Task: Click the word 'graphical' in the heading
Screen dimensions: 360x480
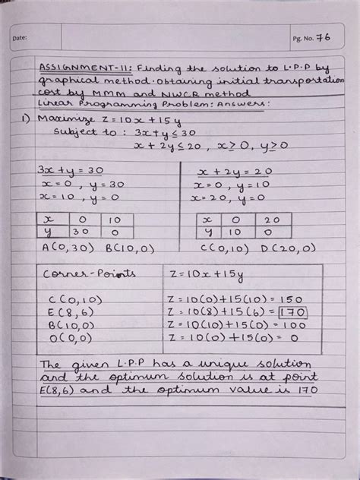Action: tap(65, 80)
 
